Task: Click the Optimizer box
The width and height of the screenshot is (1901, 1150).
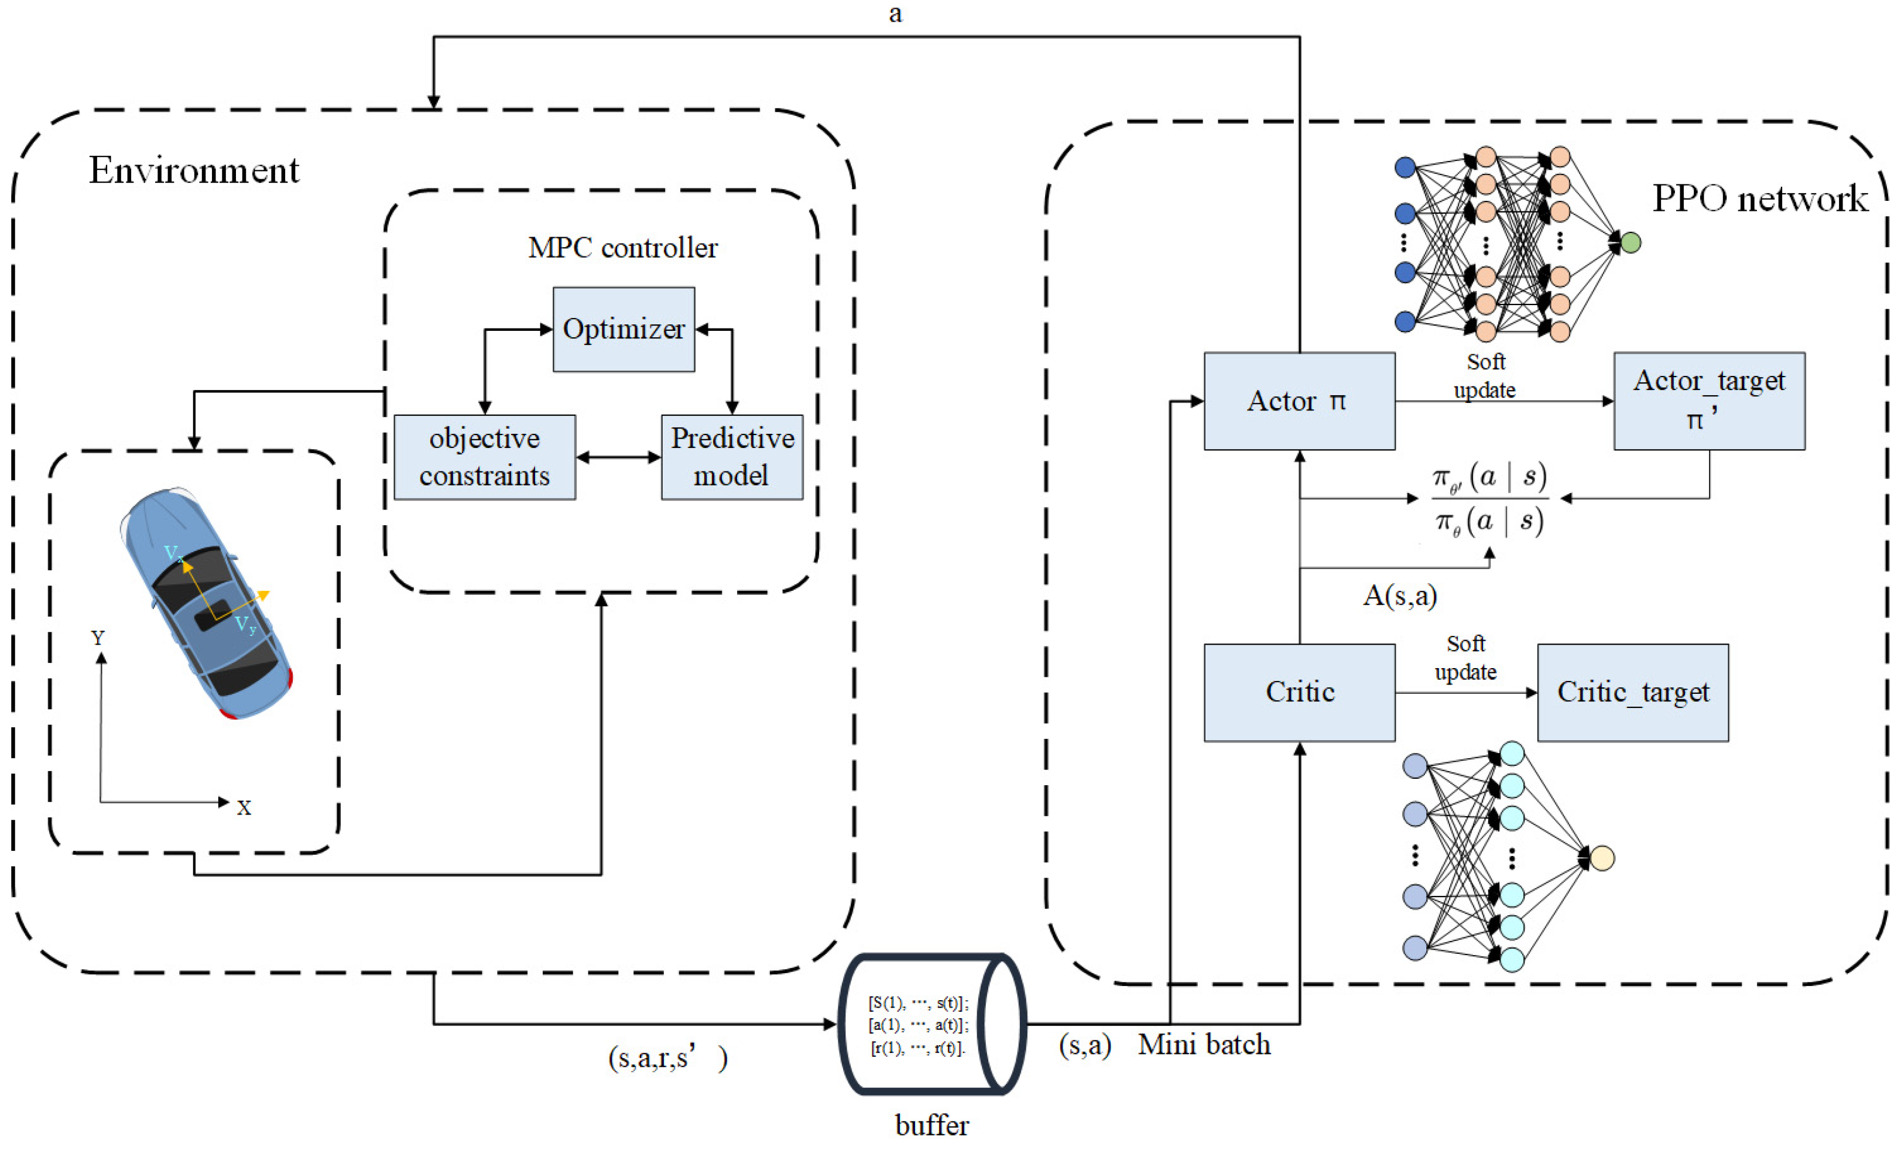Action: tap(624, 330)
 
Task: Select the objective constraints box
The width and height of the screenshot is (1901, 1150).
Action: tap(485, 457)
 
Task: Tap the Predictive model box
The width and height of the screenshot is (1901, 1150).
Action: tap(731, 457)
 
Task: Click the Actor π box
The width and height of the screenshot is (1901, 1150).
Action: tap(1299, 401)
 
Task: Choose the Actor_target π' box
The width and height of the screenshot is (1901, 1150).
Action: tap(1709, 401)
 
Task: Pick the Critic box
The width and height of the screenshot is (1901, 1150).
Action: tap(1299, 692)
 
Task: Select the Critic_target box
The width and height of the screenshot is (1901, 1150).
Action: tap(1632, 692)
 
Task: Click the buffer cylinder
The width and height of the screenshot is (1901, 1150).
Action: tap(931, 1024)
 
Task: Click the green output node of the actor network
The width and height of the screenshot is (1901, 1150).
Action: tap(1630, 243)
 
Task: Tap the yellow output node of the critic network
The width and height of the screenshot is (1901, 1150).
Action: tap(1602, 858)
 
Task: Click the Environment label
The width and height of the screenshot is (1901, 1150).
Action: tap(194, 170)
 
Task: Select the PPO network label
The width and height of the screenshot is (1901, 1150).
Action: tap(1759, 199)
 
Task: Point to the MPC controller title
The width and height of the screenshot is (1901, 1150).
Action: tap(622, 248)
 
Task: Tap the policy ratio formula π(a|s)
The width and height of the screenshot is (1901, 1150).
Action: tap(1489, 499)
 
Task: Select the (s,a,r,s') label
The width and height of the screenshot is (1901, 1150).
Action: tap(667, 1057)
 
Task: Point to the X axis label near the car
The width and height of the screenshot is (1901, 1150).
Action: tap(244, 807)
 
